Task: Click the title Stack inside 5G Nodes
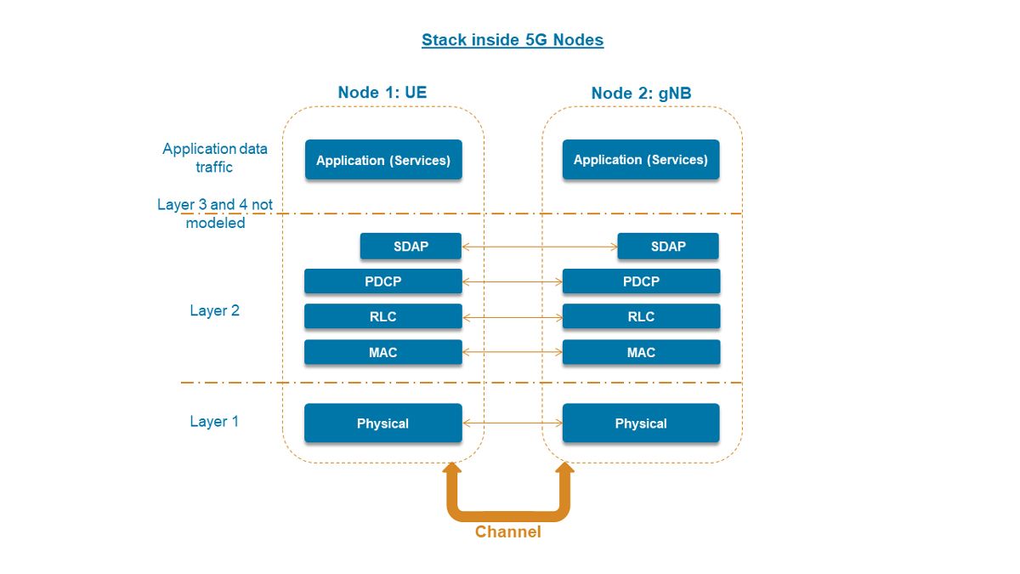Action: tap(513, 40)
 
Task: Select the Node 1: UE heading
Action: tap(382, 93)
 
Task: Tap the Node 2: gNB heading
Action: tap(641, 93)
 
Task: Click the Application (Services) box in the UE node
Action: tap(383, 160)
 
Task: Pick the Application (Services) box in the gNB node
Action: tap(641, 160)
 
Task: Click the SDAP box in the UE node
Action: tap(411, 247)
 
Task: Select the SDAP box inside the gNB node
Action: tap(668, 247)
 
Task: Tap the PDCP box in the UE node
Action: tap(383, 281)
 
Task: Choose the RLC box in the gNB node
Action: tap(641, 316)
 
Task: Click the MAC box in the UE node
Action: tap(383, 352)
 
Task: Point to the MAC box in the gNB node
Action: tap(641, 352)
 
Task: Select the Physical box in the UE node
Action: tap(383, 423)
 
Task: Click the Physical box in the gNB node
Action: tap(641, 423)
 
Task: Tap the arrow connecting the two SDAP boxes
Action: tap(540, 247)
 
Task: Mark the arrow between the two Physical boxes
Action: tap(513, 423)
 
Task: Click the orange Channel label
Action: tap(507, 532)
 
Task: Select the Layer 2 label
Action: tap(214, 311)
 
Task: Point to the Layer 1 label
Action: tap(214, 422)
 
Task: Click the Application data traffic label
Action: tap(215, 158)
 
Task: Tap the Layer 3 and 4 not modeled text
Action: tap(215, 214)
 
